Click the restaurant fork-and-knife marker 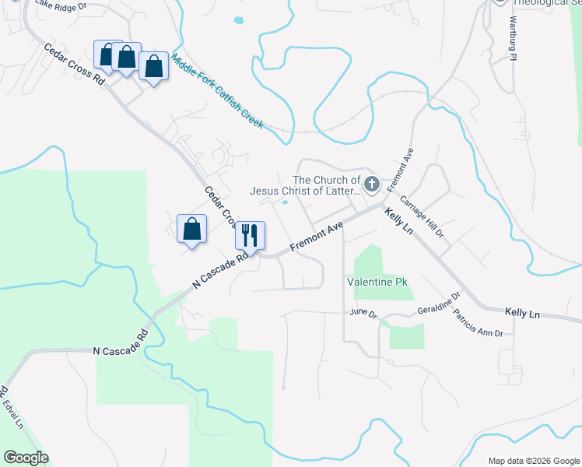pos(250,234)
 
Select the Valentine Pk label pos(377,281)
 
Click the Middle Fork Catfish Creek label pos(217,92)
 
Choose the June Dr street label pos(363,314)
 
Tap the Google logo pos(25,458)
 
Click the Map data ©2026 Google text pos(533,461)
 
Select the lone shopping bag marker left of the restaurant pos(191,229)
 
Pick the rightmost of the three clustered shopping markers pos(154,67)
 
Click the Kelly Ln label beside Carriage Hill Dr pos(398,221)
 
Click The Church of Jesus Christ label pos(305,184)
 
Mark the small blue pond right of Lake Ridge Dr pos(237,19)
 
